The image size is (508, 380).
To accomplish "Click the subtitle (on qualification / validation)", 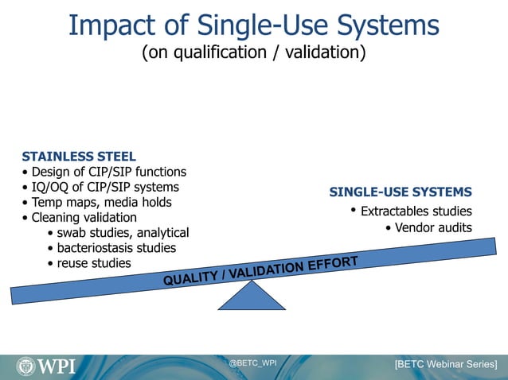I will [254, 53].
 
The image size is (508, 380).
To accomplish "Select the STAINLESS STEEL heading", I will [79, 156].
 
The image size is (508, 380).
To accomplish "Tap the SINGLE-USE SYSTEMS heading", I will [401, 192].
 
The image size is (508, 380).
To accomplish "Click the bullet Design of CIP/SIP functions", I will [104, 172].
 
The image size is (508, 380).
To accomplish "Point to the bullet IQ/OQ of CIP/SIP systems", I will [100, 188].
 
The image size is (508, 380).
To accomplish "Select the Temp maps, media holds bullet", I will [96, 202].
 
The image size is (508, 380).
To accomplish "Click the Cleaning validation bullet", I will [80, 217].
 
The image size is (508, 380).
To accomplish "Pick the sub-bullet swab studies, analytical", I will [118, 233].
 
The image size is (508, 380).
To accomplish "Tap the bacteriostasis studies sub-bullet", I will [111, 248].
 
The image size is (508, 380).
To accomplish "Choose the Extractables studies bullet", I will [412, 211].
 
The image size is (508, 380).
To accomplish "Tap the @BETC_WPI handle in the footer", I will [253, 363].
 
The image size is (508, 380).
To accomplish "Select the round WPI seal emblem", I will [26, 366].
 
